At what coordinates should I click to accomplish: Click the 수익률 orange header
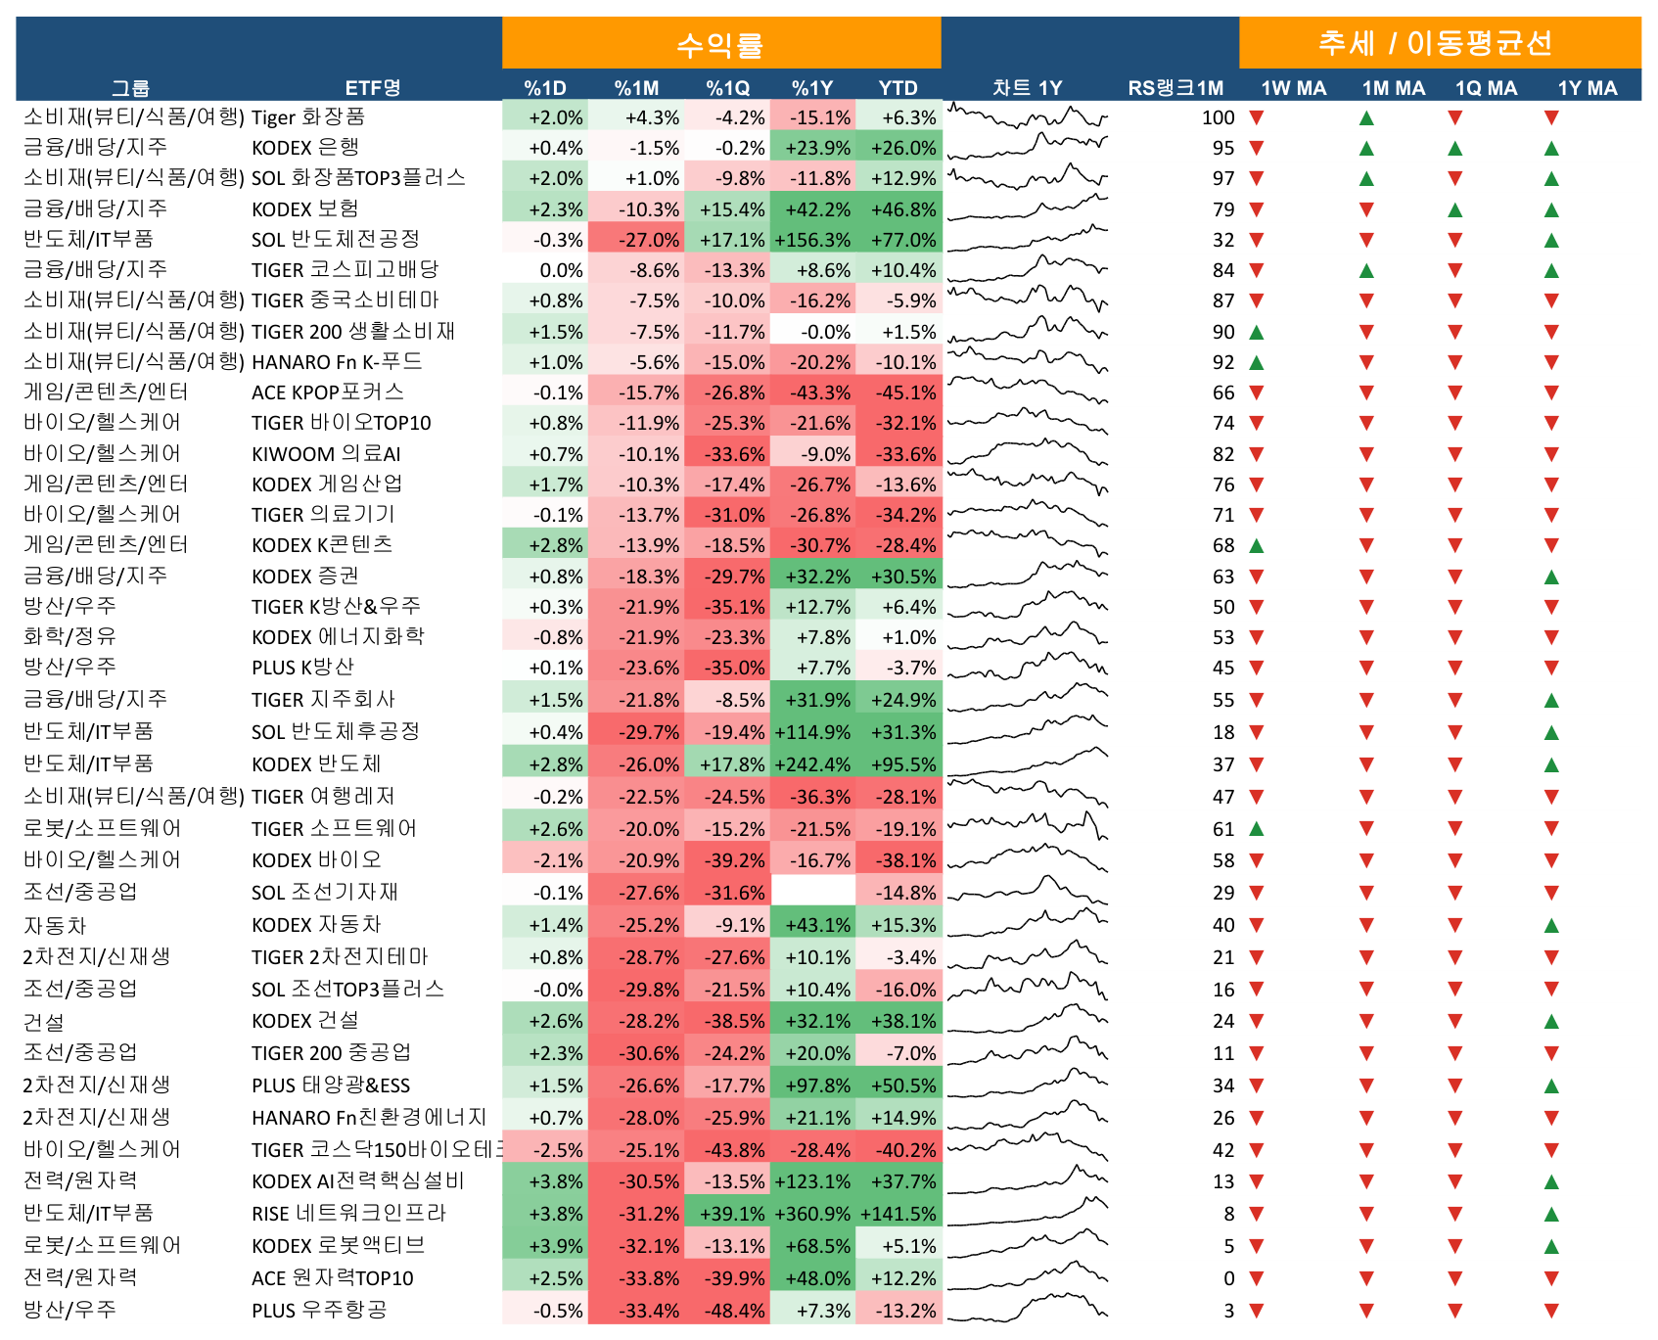click(x=720, y=44)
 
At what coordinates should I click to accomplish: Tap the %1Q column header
click(x=728, y=88)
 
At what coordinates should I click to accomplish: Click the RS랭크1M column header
click(x=1175, y=88)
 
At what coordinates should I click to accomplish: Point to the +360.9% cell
click(x=812, y=1214)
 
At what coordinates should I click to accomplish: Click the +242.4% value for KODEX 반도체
click(x=812, y=764)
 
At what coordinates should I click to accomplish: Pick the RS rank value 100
click(x=1218, y=117)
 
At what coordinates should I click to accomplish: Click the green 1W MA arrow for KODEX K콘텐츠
click(x=1257, y=545)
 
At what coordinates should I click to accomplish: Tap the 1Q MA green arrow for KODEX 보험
click(x=1455, y=209)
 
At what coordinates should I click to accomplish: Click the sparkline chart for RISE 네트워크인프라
click(x=1028, y=1213)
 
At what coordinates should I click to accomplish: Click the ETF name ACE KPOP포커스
click(x=328, y=393)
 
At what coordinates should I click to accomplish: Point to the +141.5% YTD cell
click(x=898, y=1214)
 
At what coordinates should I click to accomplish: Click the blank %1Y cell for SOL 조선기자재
click(x=813, y=892)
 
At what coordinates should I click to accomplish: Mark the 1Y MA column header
click(x=1588, y=88)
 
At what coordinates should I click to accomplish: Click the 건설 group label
click(x=44, y=1022)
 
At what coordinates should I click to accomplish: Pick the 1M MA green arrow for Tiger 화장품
click(x=1367, y=118)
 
